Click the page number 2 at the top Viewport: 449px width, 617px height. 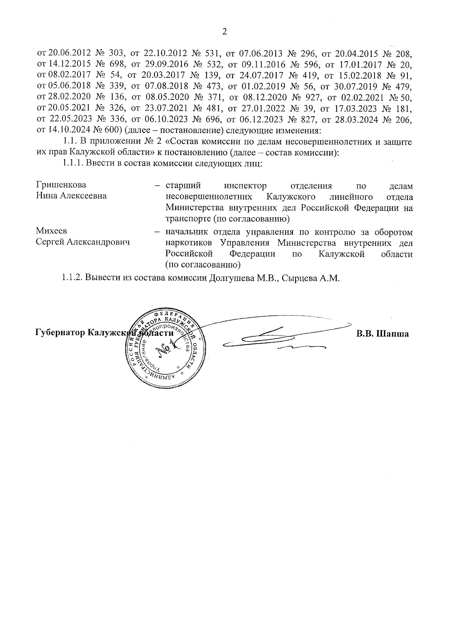click(x=224, y=32)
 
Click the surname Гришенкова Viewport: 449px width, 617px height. click(x=61, y=185)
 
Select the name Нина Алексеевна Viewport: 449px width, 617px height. click(x=71, y=196)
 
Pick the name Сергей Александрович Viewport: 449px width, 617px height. click(x=83, y=243)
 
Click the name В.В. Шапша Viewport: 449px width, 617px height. click(x=382, y=334)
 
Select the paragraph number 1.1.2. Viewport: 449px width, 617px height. click(x=72, y=279)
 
